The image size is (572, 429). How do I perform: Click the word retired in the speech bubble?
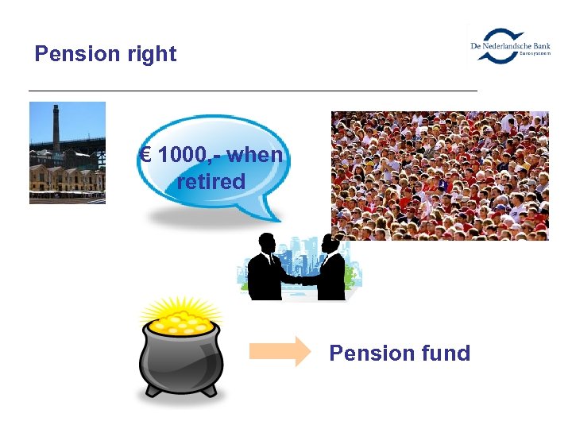[211, 181]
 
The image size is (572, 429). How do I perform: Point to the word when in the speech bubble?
[256, 155]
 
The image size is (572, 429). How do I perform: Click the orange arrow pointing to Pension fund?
[280, 351]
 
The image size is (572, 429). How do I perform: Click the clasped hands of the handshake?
[300, 278]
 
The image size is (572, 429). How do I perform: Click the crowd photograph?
[439, 176]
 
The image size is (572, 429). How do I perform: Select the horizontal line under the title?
[253, 91]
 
